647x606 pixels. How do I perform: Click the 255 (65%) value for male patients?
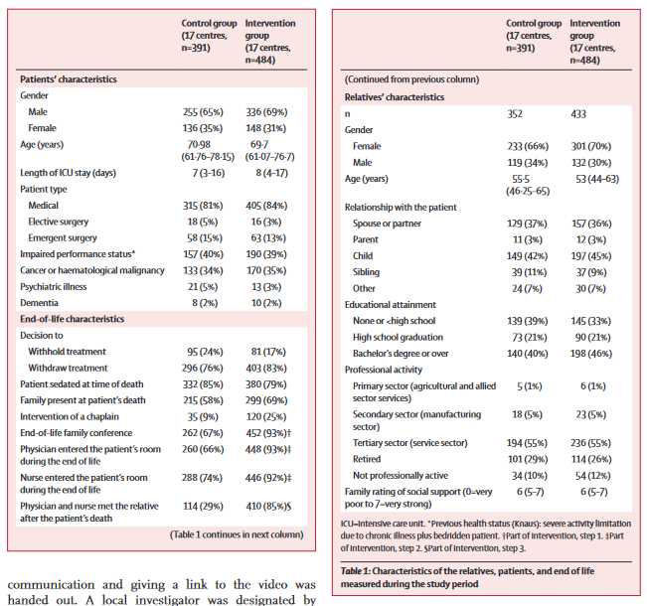tap(203, 112)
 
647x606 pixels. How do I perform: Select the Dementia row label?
tap(39, 303)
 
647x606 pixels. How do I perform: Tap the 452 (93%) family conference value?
tap(268, 433)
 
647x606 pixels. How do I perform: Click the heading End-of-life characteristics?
tap(73, 319)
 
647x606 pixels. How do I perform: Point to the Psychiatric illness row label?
tap(54, 287)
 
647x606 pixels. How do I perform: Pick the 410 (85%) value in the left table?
tap(268, 506)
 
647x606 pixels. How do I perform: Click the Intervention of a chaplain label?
tap(70, 416)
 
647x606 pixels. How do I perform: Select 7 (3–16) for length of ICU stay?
tap(209, 173)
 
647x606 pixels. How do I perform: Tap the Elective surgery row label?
tap(59, 222)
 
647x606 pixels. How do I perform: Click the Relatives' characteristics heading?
tap(395, 97)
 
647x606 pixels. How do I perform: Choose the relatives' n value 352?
tap(515, 114)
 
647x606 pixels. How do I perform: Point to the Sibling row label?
tap(366, 272)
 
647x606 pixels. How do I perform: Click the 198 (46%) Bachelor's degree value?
tap(591, 354)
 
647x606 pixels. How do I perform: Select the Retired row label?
tap(367, 459)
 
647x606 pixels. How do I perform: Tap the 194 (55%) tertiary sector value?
tap(527, 443)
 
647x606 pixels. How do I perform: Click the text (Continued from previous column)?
tap(411, 79)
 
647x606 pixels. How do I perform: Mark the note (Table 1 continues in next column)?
tap(237, 534)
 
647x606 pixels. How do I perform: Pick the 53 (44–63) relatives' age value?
tap(597, 179)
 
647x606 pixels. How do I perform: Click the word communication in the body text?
tap(51, 584)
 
